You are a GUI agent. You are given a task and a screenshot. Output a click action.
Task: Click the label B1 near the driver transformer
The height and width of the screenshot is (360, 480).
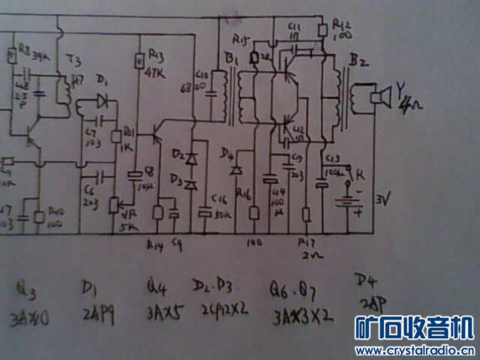pos(229,55)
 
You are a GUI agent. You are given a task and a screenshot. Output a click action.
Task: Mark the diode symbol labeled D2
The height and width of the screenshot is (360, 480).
pos(193,159)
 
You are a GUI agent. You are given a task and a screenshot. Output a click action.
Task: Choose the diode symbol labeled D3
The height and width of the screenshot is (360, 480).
pos(193,183)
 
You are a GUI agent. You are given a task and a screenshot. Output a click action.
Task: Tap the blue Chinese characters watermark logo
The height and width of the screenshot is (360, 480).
pos(413,328)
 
